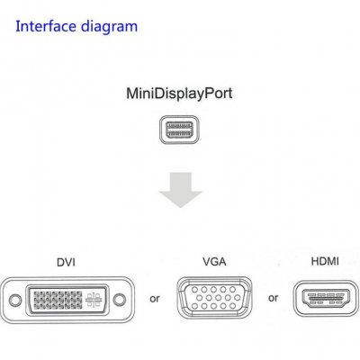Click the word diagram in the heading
[x=108, y=26]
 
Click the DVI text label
[x=65, y=263]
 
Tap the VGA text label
[x=214, y=262]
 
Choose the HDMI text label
[x=325, y=262]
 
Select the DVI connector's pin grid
[x=56, y=297]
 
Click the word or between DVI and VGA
[x=155, y=298]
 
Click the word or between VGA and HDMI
[x=274, y=298]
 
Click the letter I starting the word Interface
[x=19, y=25]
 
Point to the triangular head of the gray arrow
[x=180, y=199]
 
